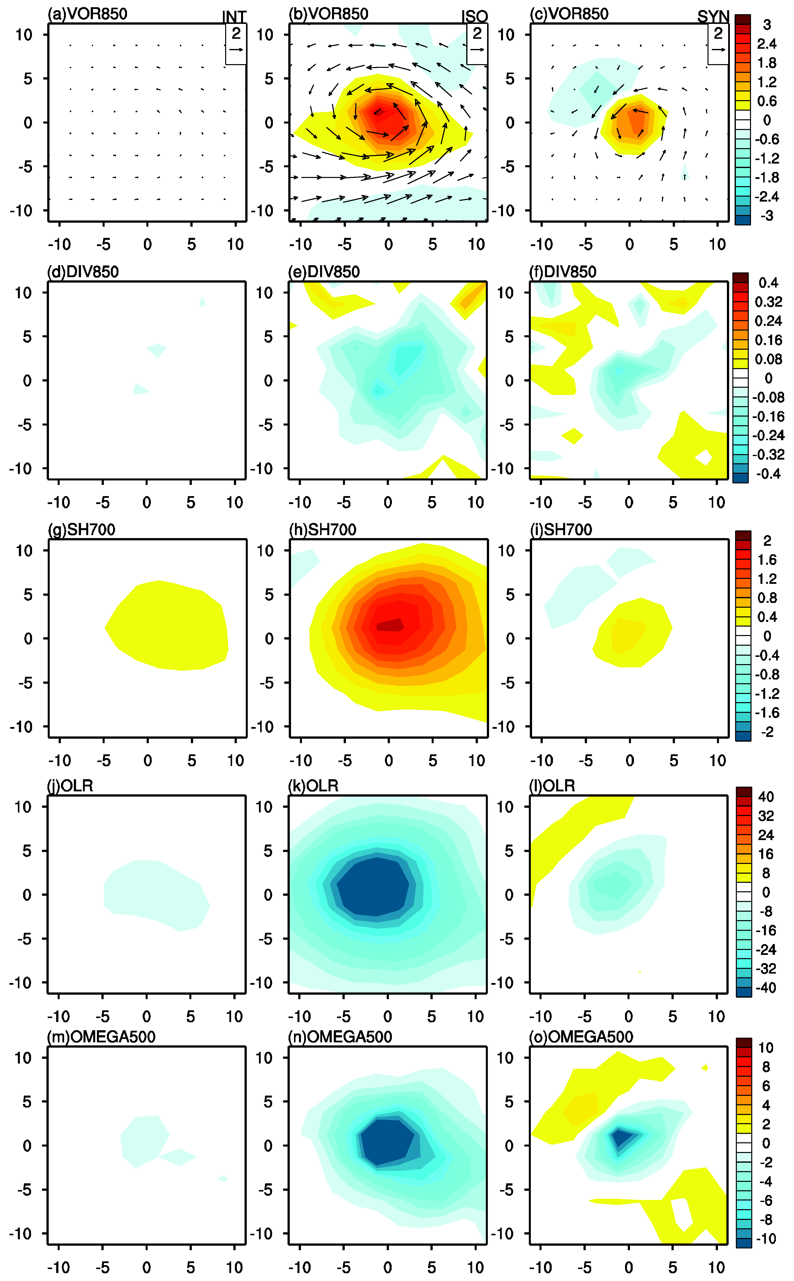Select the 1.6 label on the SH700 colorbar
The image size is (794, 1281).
[x=767, y=559]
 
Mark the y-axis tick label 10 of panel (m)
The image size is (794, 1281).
[x=24, y=1058]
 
